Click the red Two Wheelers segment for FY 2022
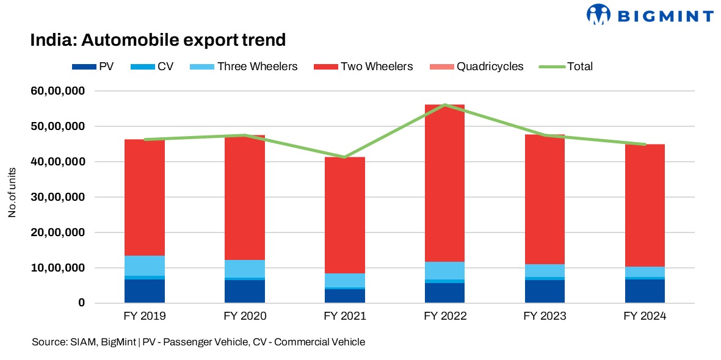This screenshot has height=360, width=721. click(x=445, y=183)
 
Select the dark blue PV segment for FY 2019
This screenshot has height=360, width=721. click(x=145, y=291)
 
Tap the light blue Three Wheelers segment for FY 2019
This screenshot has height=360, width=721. click(x=145, y=265)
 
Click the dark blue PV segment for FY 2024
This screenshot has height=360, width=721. click(x=645, y=291)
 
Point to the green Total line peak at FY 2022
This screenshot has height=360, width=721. click(x=445, y=105)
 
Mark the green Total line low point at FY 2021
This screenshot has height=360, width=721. click(x=345, y=157)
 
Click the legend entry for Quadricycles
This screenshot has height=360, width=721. click(x=489, y=67)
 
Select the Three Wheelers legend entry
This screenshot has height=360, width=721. click(x=257, y=67)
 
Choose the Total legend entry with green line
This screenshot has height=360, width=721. click(x=579, y=67)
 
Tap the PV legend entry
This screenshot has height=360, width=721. click(x=106, y=67)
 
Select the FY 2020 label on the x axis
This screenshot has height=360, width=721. click(x=245, y=317)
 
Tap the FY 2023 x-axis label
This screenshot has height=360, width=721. click(x=545, y=317)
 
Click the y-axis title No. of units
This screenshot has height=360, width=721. click(x=12, y=197)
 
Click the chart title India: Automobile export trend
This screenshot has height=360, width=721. click(x=158, y=40)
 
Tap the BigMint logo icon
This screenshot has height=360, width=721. click(x=599, y=15)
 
